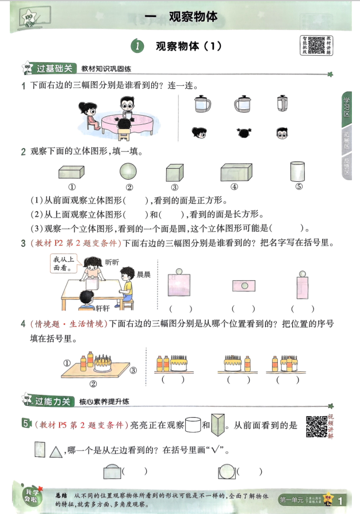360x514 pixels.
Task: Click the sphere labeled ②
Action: pyautogui.click(x=129, y=172)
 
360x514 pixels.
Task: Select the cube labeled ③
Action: pyautogui.click(x=174, y=173)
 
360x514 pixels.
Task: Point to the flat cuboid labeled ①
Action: pyautogui.click(x=72, y=173)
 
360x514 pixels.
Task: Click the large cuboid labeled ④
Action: pyautogui.click(x=235, y=172)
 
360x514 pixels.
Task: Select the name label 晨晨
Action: pyautogui.click(x=143, y=275)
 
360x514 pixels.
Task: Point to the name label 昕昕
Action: pyautogui.click(x=113, y=261)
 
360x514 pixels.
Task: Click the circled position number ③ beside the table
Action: pyautogui.click(x=133, y=370)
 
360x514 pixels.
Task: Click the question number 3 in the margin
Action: pyautogui.click(x=23, y=243)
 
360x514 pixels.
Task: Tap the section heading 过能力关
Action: pyautogui.click(x=55, y=401)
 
